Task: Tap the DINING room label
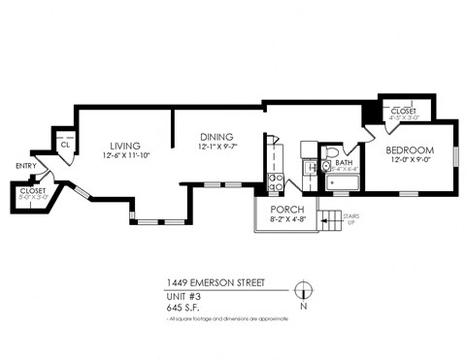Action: point(217,137)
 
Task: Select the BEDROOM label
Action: point(410,150)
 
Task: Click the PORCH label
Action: point(288,210)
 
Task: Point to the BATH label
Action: point(344,163)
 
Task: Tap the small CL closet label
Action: point(64,145)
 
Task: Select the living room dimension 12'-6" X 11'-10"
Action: point(125,156)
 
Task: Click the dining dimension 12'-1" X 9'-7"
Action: point(217,147)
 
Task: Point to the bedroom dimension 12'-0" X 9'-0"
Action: point(410,161)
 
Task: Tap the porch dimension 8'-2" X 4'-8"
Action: point(288,220)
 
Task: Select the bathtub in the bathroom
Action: point(344,180)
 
